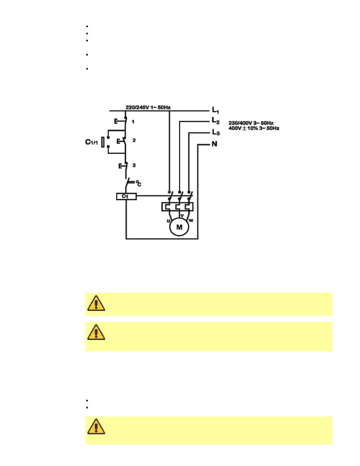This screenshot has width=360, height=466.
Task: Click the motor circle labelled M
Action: (x=179, y=227)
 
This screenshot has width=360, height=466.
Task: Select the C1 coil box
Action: (x=126, y=197)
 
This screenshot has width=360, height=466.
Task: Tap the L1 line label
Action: (x=215, y=111)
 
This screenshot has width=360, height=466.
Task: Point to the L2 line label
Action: (x=215, y=121)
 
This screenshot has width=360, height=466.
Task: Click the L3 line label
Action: (x=215, y=132)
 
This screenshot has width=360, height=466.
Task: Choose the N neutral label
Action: (x=214, y=144)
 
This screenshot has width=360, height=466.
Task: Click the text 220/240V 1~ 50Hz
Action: (x=148, y=108)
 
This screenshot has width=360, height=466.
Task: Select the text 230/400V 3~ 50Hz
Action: (x=251, y=123)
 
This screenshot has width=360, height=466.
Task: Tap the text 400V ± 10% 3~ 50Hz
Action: (x=254, y=128)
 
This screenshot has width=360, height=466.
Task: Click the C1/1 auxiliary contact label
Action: (x=91, y=142)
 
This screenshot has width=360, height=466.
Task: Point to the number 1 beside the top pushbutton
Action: (x=133, y=122)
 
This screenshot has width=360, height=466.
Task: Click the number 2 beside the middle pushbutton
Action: (x=134, y=140)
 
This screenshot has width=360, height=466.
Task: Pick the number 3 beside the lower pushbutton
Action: (x=134, y=165)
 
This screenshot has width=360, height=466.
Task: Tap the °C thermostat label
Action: (x=138, y=184)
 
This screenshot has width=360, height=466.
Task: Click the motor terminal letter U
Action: (x=168, y=221)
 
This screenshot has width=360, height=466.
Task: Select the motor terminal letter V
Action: (x=182, y=216)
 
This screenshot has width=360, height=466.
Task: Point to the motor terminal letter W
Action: (x=191, y=221)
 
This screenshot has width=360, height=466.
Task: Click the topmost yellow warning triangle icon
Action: (x=96, y=303)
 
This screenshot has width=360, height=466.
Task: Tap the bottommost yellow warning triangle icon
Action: (x=96, y=427)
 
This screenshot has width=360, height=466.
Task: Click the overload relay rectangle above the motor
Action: (x=177, y=207)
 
